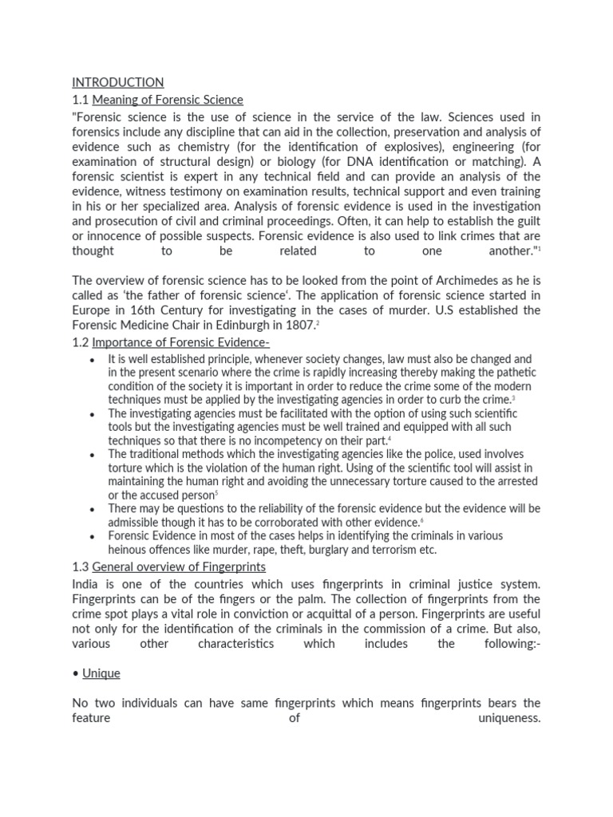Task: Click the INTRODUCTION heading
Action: click(x=118, y=82)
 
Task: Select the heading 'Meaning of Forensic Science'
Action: click(x=168, y=100)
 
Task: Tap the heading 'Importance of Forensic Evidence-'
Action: click(x=181, y=343)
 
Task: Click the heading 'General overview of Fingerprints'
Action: click(x=179, y=566)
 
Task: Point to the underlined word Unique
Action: click(x=101, y=673)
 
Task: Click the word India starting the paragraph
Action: click(x=87, y=584)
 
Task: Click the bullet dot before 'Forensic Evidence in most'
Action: click(x=93, y=537)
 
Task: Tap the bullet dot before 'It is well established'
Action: click(x=93, y=361)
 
